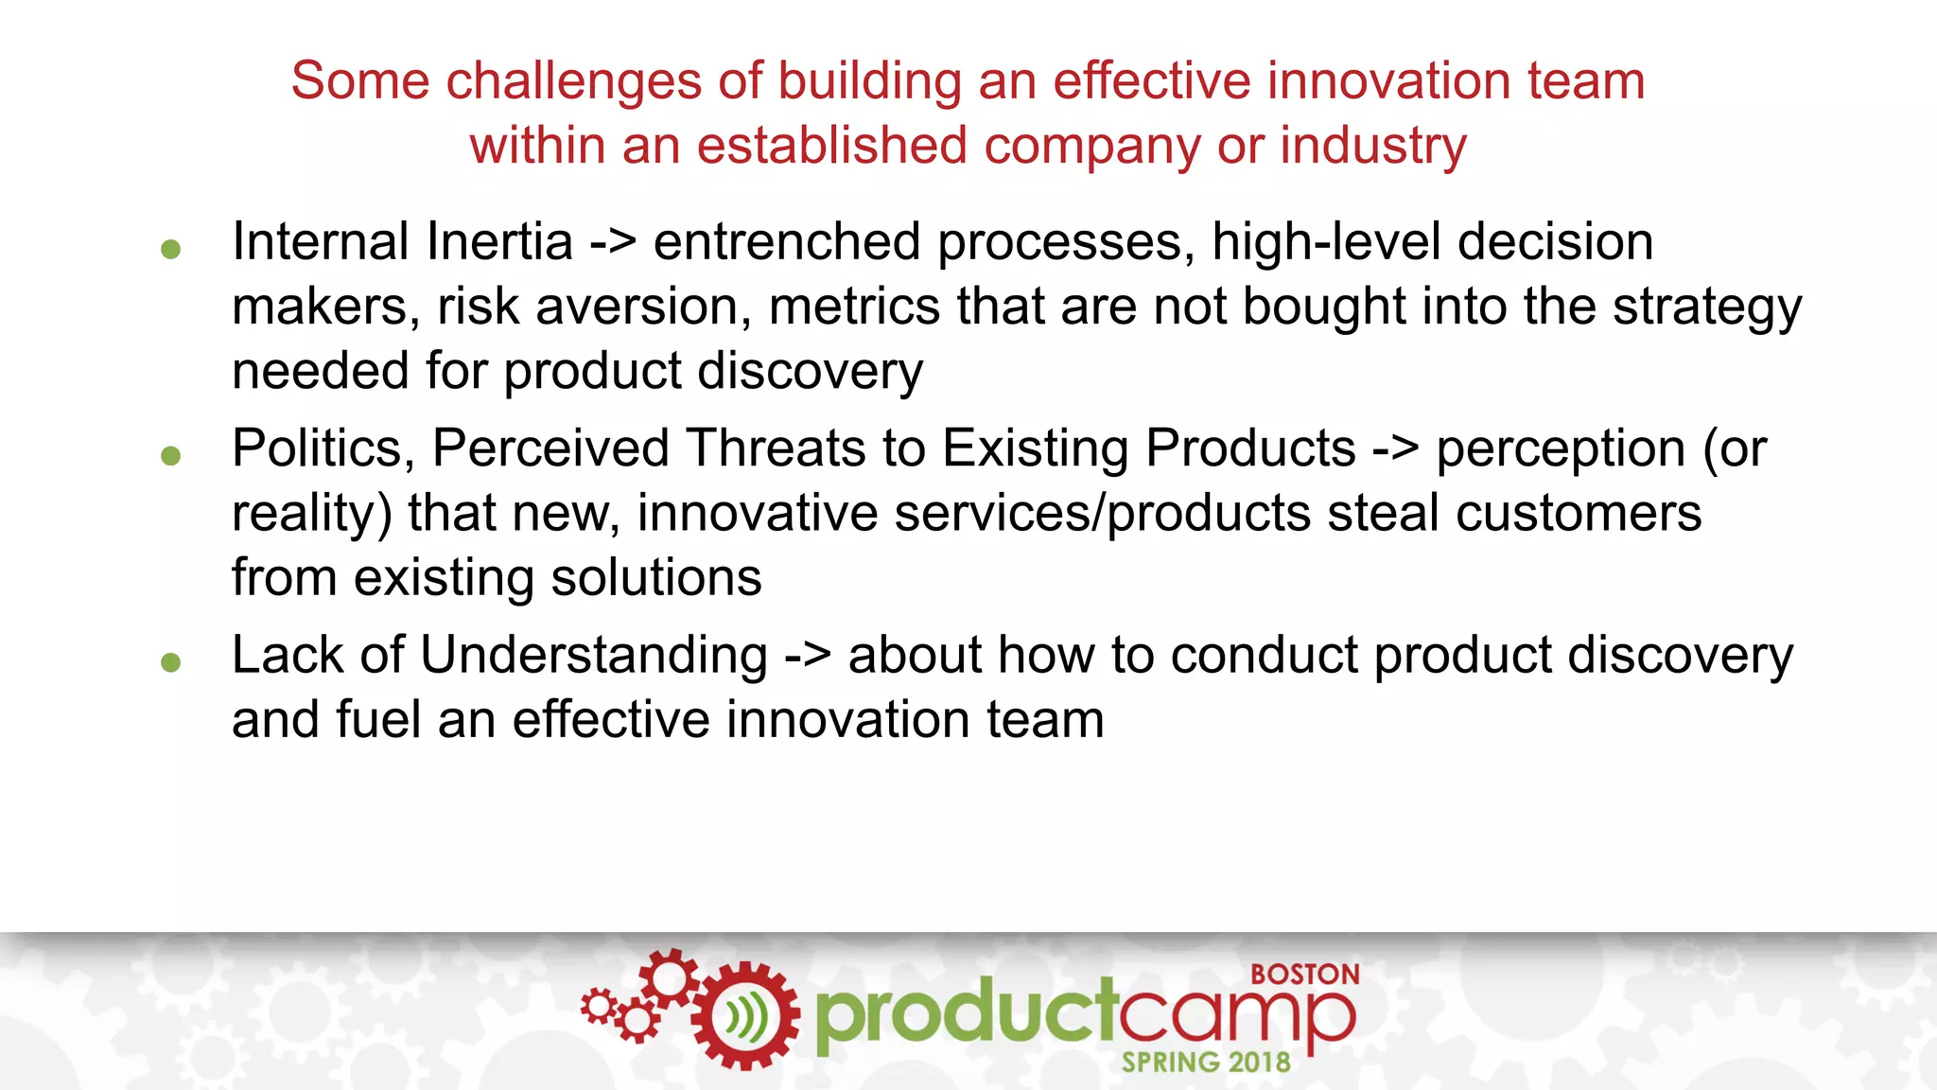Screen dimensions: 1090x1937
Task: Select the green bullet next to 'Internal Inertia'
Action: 170,249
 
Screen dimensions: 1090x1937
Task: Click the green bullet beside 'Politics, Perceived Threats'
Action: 170,456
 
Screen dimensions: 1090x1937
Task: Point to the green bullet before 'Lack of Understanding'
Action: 170,662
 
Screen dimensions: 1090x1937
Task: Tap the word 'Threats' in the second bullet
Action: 775,448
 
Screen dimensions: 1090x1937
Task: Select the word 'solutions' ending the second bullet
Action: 655,577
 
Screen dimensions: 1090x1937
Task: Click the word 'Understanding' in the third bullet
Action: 593,655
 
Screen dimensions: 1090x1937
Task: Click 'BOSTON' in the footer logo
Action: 1304,975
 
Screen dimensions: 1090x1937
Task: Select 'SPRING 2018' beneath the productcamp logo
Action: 1205,1063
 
